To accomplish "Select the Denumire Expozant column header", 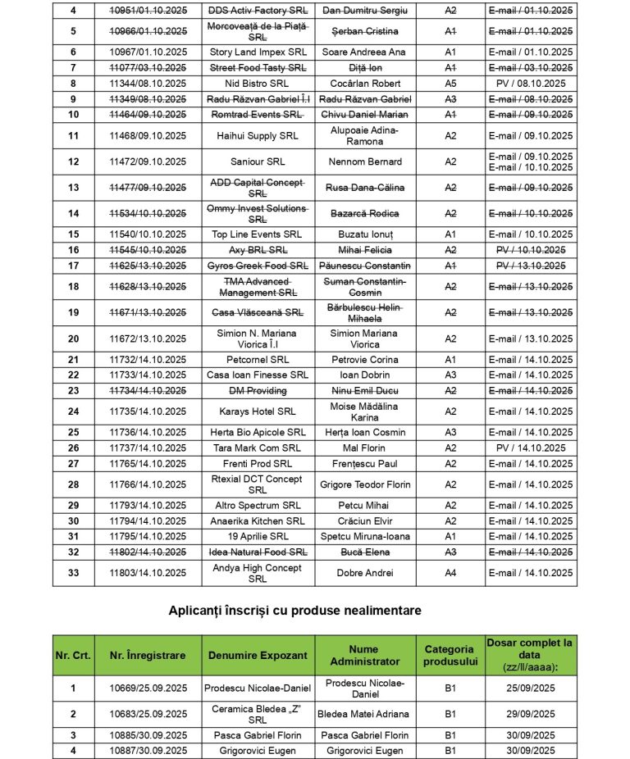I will point(258,655).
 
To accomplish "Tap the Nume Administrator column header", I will point(364,655).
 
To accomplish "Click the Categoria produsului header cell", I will point(450,655).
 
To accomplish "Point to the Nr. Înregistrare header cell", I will point(148,655).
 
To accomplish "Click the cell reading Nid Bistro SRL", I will point(258,84).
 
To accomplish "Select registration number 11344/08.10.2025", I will point(148,84).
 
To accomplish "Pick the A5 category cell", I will point(450,84).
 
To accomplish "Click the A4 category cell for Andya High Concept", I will point(450,573).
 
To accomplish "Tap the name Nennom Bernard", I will point(364,161).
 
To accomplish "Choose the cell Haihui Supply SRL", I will point(258,136).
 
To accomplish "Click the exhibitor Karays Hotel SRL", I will point(258,411).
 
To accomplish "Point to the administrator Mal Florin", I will point(364,448).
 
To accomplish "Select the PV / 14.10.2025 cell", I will point(530,448).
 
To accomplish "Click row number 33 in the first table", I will point(74,573).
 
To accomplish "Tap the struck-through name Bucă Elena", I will point(364,552).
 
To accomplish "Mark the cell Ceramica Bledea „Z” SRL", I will point(258,714).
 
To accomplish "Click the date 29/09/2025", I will point(530,714).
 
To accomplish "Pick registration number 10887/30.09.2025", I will point(148,750).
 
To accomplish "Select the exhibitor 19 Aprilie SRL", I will point(258,537).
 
